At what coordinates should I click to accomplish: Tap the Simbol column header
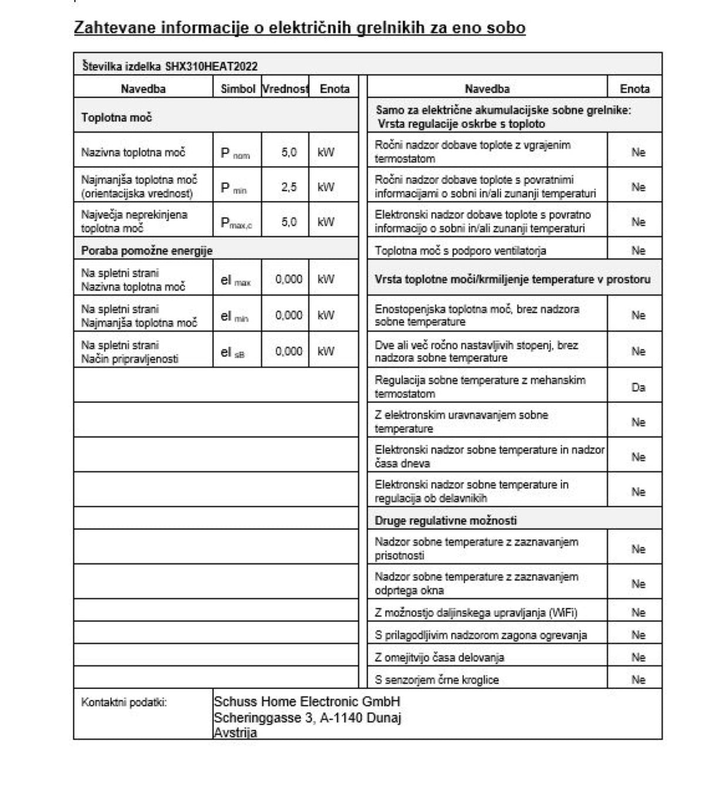238,89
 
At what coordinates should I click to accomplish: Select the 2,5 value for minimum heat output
288,187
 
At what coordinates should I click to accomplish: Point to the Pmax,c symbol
236,222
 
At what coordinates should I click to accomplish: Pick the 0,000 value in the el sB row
288,351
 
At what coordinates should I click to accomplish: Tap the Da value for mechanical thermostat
638,387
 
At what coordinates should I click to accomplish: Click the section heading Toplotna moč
116,117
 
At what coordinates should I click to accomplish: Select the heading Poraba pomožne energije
147,251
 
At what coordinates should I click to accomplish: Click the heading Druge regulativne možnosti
446,521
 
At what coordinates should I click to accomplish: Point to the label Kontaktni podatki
124,702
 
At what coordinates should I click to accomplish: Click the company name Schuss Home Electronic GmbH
307,701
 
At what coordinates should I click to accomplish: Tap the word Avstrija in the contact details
236,732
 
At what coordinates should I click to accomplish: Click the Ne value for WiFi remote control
638,613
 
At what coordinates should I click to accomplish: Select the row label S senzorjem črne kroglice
437,680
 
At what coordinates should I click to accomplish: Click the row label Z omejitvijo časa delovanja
439,657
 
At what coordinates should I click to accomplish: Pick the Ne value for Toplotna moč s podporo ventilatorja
638,251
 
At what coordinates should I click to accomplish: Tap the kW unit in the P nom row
325,153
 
